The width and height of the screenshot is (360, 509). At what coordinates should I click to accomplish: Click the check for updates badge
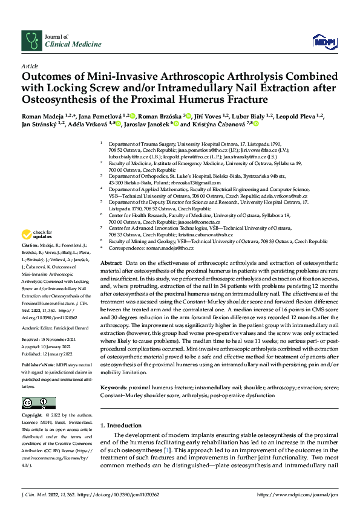pos(36,235)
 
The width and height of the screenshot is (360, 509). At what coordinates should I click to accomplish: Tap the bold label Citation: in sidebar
pos(30,245)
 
